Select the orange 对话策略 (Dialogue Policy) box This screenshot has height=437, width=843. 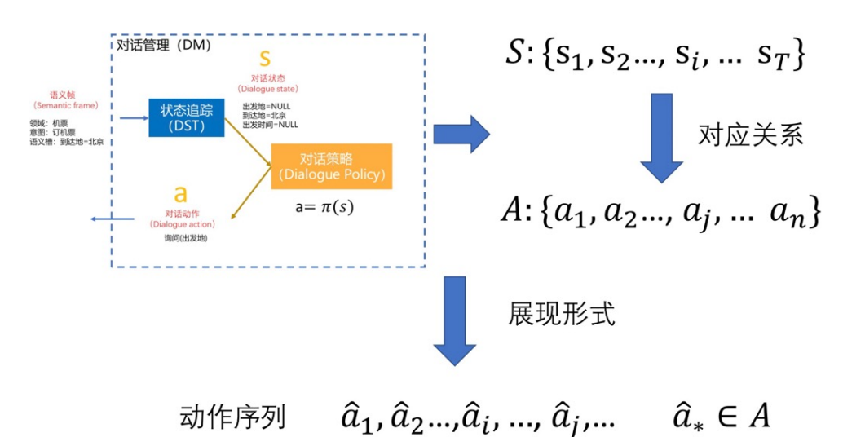tap(331, 166)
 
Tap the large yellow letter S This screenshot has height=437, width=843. tap(263, 59)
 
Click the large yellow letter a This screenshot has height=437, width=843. tap(181, 194)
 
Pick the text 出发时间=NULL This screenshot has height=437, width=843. tap(270, 125)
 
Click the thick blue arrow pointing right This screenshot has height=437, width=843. tap(461, 132)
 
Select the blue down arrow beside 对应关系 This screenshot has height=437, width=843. tap(661, 137)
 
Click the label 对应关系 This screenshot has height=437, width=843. tap(751, 135)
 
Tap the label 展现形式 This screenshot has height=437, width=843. tap(562, 314)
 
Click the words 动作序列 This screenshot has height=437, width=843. tap(232, 417)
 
